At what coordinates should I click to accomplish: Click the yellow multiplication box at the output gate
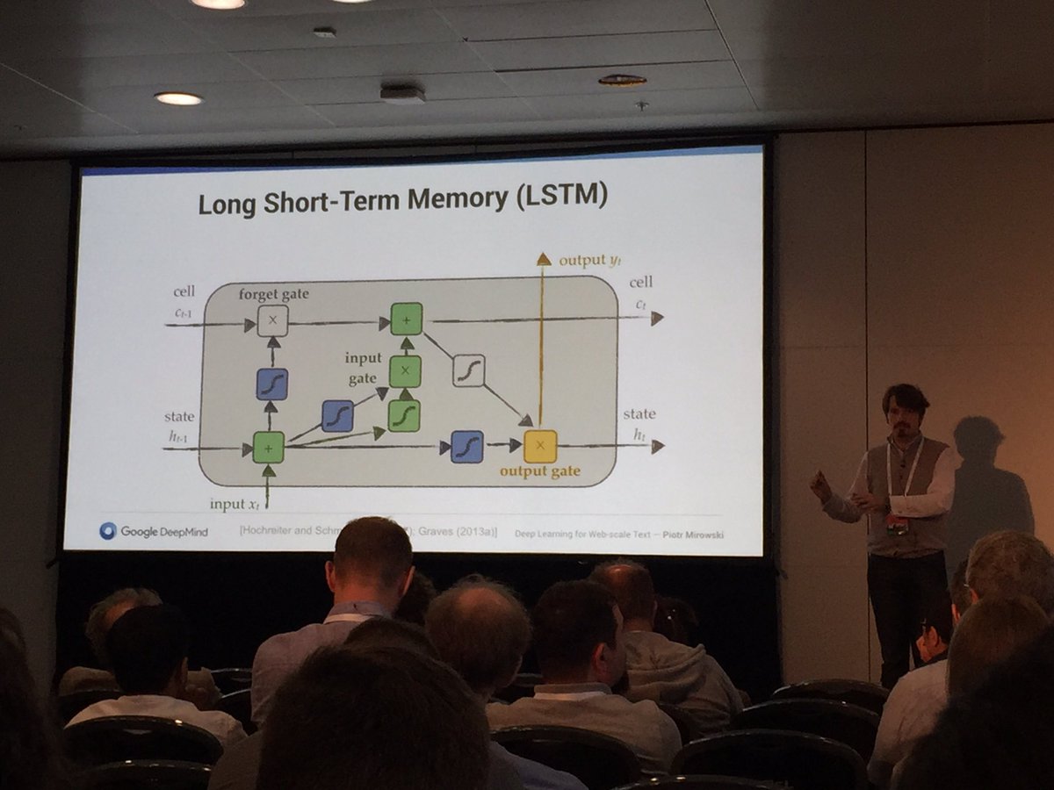(x=540, y=446)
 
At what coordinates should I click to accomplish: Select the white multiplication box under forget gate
(x=272, y=321)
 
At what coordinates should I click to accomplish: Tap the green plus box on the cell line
(x=406, y=319)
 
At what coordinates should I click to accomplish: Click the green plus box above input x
(x=268, y=447)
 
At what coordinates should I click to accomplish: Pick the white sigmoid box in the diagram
(x=469, y=370)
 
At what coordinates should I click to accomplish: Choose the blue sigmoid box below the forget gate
(x=272, y=384)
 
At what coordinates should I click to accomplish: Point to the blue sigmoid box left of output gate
(x=467, y=446)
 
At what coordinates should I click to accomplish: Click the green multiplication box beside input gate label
(x=405, y=371)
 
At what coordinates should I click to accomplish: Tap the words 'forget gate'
(x=273, y=295)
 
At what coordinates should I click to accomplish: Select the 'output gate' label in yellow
(x=539, y=471)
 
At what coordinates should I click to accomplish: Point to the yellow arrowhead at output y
(x=544, y=259)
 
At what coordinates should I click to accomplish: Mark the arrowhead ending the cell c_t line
(x=657, y=318)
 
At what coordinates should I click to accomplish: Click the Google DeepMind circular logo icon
(x=108, y=530)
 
